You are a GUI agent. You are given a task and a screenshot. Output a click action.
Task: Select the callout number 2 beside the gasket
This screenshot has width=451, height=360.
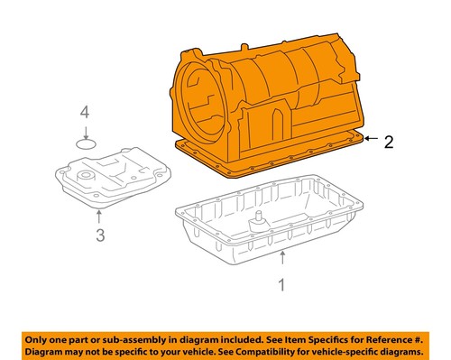pyautogui.click(x=388, y=141)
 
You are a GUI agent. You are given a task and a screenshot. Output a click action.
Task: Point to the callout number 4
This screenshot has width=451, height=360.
pyautogui.click(x=85, y=113)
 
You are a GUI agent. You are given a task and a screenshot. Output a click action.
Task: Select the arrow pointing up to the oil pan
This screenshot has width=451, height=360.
pyautogui.click(x=283, y=262)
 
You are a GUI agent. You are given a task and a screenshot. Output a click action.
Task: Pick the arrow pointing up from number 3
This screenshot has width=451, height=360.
pyautogui.click(x=100, y=217)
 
